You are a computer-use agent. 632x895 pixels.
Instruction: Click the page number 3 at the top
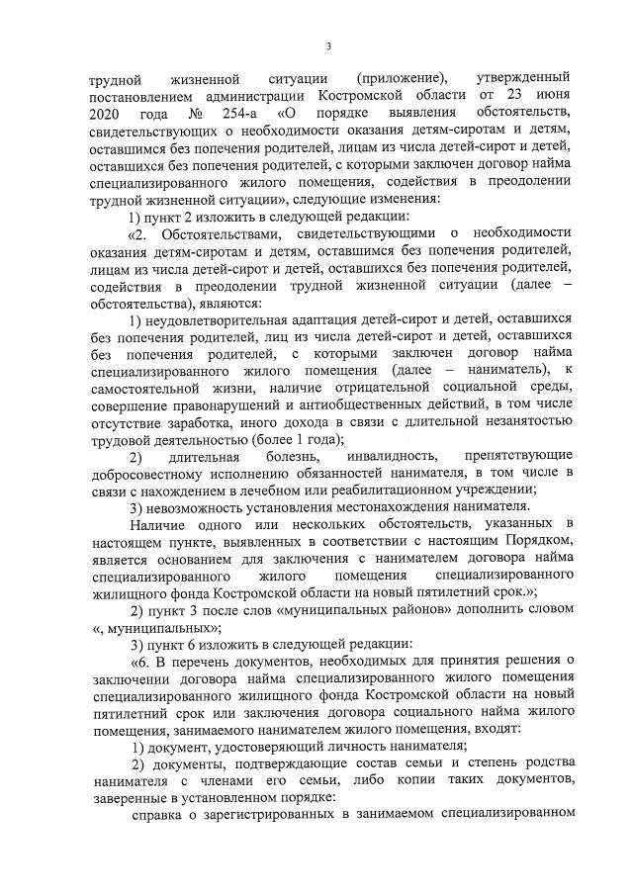(x=327, y=45)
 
